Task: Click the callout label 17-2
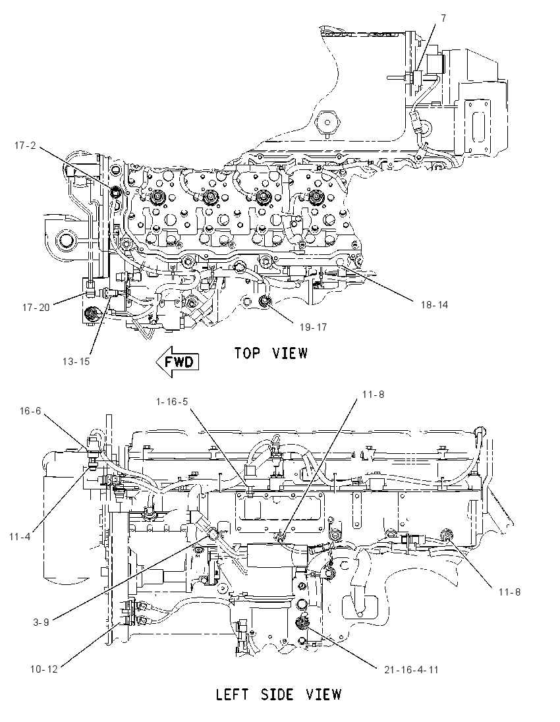[25, 146]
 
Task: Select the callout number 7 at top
[443, 18]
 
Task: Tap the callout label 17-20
[36, 308]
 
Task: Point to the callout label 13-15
[76, 362]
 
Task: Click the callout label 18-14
[434, 305]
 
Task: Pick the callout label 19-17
[313, 327]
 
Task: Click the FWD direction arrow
[177, 362]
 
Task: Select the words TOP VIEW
[271, 353]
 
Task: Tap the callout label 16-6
[30, 410]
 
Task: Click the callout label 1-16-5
[172, 402]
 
